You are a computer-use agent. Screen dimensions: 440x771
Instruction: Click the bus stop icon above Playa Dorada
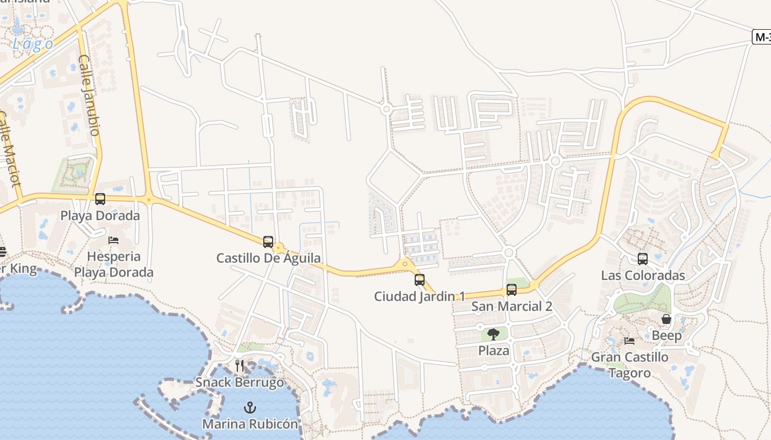pyautogui.click(x=100, y=199)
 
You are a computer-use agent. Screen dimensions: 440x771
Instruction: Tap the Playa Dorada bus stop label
pyautogui.click(x=100, y=216)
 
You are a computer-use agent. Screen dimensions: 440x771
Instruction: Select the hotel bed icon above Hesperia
pyautogui.click(x=113, y=240)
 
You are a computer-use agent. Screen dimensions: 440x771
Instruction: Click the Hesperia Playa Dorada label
pyautogui.click(x=113, y=265)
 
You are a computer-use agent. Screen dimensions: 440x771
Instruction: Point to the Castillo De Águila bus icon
pyautogui.click(x=268, y=241)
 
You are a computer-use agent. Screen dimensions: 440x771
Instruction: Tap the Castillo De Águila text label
pyautogui.click(x=268, y=258)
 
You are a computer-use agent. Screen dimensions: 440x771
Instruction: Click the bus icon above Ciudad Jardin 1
pyautogui.click(x=420, y=280)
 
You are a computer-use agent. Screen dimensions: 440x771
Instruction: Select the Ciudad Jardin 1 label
pyautogui.click(x=420, y=296)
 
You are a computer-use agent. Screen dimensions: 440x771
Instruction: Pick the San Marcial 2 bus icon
pyautogui.click(x=512, y=289)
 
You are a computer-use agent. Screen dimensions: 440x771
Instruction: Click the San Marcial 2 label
pyautogui.click(x=512, y=306)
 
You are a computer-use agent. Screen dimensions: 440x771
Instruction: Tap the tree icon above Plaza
pyautogui.click(x=493, y=334)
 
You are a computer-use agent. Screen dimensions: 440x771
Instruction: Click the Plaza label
pyautogui.click(x=493, y=350)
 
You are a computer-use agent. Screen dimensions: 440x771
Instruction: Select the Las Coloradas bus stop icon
pyautogui.click(x=643, y=258)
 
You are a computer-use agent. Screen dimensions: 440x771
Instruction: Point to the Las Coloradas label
pyautogui.click(x=643, y=276)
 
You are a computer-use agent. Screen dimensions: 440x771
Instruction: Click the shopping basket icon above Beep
pyautogui.click(x=666, y=319)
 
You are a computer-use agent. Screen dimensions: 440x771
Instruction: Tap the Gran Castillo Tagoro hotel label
pyautogui.click(x=629, y=365)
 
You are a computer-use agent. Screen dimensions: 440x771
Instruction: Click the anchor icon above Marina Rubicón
pyautogui.click(x=250, y=408)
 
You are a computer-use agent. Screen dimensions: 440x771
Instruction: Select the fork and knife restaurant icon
pyautogui.click(x=240, y=365)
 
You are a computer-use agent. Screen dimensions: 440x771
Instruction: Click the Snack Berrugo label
pyautogui.click(x=240, y=382)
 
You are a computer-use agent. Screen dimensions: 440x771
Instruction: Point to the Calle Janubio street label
pyautogui.click(x=89, y=95)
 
